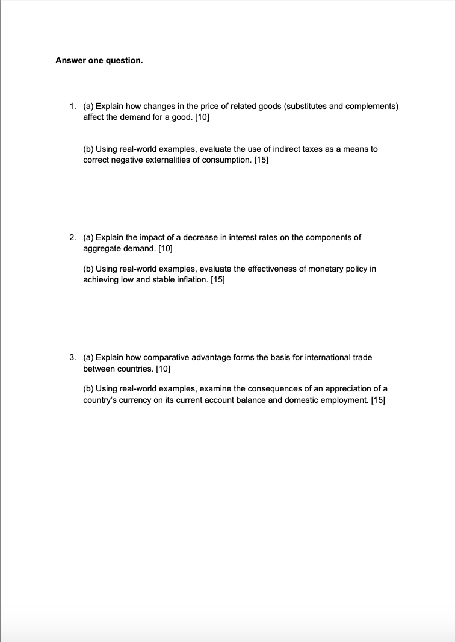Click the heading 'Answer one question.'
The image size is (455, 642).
pyautogui.click(x=99, y=61)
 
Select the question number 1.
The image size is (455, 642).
pyautogui.click(x=72, y=107)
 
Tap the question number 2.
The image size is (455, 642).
pyautogui.click(x=72, y=237)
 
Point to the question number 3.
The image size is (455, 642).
pyautogui.click(x=72, y=357)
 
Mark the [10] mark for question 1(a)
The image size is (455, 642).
pyautogui.click(x=202, y=117)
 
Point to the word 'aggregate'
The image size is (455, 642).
pyautogui.click(x=100, y=248)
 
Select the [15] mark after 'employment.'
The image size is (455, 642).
pyautogui.click(x=377, y=399)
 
